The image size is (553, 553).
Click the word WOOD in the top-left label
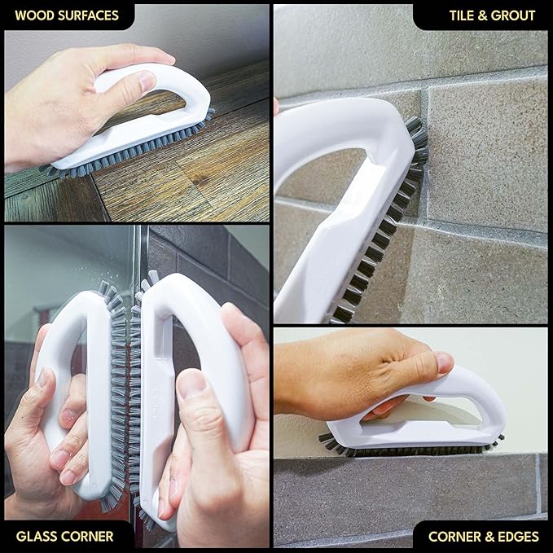[x=33, y=15]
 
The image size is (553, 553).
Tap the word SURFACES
[x=87, y=15]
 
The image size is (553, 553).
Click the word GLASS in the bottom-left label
[x=36, y=536]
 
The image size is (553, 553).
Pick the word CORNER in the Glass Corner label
[x=88, y=536]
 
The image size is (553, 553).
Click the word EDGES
[x=519, y=536]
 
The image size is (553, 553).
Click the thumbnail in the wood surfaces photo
[x=147, y=81]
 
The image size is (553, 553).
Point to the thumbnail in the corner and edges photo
[x=444, y=362]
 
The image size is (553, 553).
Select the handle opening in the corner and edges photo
[x=424, y=407]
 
